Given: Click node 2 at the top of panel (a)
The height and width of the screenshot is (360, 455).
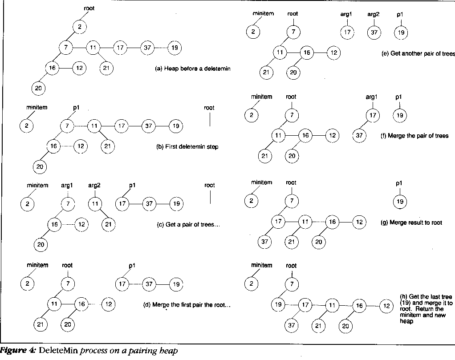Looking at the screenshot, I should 79,27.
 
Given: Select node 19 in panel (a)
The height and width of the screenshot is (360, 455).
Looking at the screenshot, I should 175,48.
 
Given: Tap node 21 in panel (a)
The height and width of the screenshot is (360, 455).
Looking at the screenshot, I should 107,68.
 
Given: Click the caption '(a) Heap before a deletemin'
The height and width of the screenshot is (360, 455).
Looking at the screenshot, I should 192,69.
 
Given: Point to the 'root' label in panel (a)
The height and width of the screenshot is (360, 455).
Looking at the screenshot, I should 89,8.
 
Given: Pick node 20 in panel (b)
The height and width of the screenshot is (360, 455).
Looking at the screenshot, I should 39,166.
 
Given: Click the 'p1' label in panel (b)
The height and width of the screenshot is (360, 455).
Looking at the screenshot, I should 74,108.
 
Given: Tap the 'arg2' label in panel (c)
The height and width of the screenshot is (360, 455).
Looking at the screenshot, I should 94,186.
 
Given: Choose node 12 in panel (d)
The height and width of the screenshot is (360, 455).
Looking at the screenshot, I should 108,305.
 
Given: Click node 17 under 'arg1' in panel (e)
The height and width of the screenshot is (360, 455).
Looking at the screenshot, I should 347,32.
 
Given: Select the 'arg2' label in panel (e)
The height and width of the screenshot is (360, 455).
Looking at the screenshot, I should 373,14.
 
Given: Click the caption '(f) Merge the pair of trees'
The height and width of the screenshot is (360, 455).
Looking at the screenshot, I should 414,135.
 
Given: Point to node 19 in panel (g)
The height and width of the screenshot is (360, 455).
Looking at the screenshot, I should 400,202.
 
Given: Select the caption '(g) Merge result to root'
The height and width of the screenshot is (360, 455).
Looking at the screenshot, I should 411,222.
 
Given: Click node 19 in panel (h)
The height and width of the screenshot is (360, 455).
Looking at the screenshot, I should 279,305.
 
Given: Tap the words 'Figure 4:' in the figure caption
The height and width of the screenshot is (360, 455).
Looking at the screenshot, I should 18,351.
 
